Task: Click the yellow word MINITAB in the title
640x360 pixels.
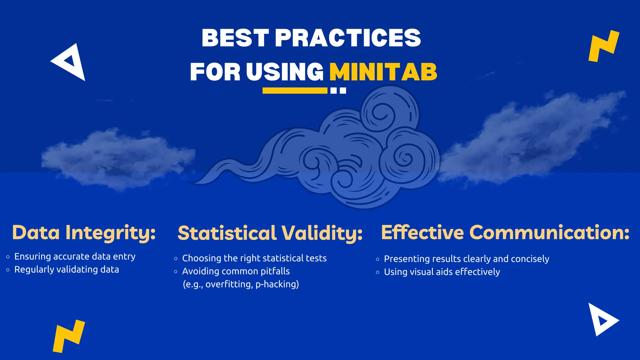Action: point(383,72)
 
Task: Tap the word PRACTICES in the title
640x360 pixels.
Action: point(348,38)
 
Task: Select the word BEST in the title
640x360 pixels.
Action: point(235,38)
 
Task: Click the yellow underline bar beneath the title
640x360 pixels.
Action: point(295,91)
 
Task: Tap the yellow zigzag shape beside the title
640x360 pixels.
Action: point(603,46)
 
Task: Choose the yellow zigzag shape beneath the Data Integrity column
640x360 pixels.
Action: point(68,336)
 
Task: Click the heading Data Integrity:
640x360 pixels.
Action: point(84,233)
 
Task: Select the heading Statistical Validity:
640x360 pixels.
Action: point(270,233)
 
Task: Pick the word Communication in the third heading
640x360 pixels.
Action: point(549,233)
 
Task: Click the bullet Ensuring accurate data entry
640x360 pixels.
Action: point(75,257)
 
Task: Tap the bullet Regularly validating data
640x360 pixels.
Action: point(67,270)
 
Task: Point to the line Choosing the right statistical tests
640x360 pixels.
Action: point(254,258)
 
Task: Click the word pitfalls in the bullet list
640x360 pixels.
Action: point(275,271)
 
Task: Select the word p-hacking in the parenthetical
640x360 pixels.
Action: point(277,284)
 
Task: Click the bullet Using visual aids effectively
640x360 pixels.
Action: point(442,272)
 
